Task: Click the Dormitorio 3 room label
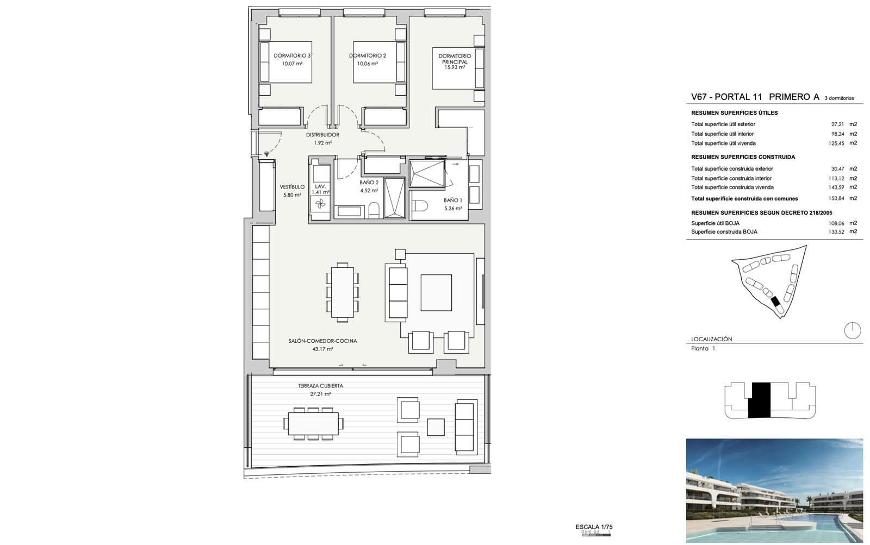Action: [291, 55]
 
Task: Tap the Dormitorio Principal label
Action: [455, 59]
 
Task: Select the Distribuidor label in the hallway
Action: [322, 135]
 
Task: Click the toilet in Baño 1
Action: [419, 205]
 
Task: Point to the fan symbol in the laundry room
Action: [320, 203]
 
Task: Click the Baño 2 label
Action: [369, 182]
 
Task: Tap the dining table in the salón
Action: [342, 292]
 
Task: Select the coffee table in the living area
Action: [436, 293]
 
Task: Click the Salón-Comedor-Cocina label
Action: [322, 341]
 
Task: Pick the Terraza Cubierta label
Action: [320, 386]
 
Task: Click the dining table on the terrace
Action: [313, 423]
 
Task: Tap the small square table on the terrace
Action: [436, 428]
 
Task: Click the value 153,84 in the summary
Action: [836, 198]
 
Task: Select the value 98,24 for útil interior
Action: [837, 134]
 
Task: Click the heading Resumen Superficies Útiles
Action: [735, 113]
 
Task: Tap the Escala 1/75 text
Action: [594, 527]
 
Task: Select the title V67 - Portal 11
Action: [726, 97]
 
